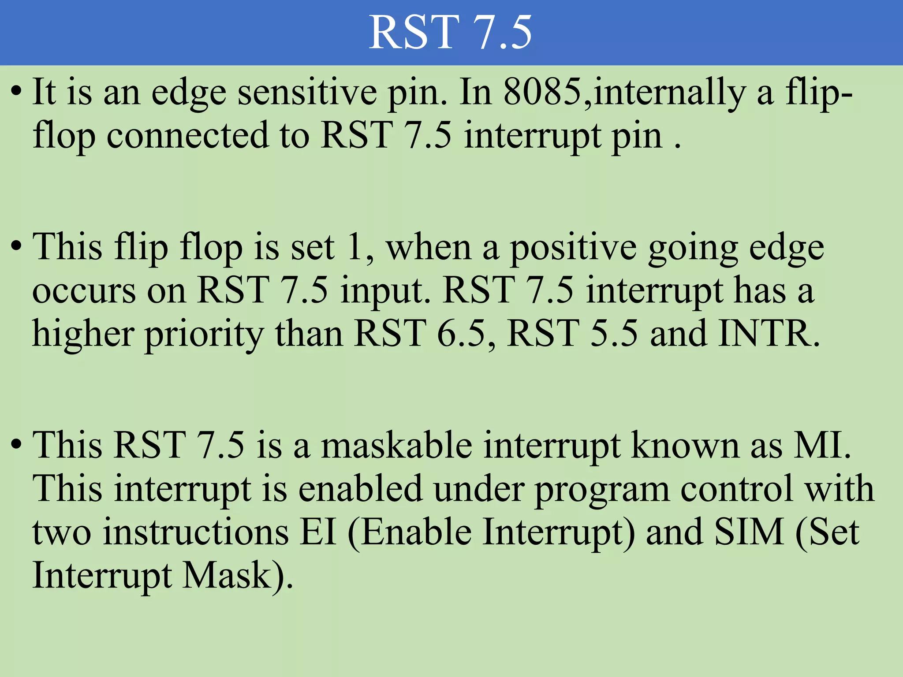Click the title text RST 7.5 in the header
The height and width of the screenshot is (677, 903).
click(x=450, y=33)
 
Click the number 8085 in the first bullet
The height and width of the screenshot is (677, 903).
click(x=542, y=92)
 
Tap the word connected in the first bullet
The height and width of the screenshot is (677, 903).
click(x=187, y=135)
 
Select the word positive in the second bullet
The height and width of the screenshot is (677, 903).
click(x=573, y=247)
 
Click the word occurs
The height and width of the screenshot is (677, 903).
click(x=84, y=291)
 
